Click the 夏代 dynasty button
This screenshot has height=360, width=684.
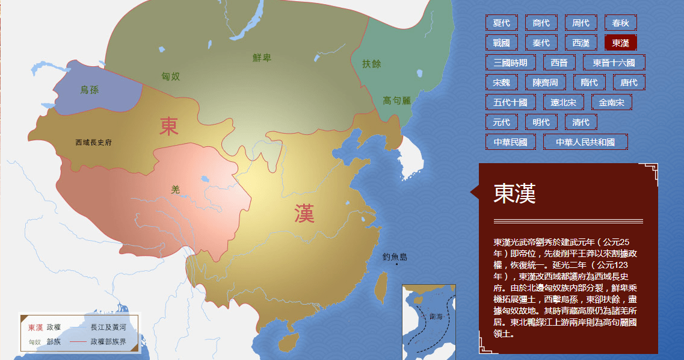(501, 23)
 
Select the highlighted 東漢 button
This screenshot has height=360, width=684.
(620, 43)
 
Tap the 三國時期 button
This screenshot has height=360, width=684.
(510, 63)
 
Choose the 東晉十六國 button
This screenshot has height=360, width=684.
(614, 63)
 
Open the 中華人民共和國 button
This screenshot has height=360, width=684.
(585, 142)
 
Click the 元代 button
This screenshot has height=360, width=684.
(501, 122)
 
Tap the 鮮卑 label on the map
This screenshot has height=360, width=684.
(262, 58)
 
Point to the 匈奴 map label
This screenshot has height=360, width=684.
(170, 76)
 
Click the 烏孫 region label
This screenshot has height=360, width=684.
(89, 90)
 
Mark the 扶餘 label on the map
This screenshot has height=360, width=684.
(371, 64)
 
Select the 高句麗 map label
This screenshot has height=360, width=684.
(396, 101)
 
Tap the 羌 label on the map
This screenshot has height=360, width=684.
(176, 190)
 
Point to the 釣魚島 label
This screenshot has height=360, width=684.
(395, 257)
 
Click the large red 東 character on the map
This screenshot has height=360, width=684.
(169, 125)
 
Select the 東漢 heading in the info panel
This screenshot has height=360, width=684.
(514, 193)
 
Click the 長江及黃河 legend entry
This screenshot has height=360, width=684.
(108, 327)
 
